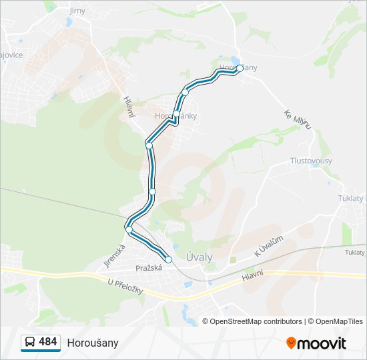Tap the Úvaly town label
[x=199, y=257]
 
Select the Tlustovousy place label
[x=311, y=161]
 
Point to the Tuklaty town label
[x=351, y=199]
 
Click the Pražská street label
[x=149, y=267]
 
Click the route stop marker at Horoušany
[x=240, y=68]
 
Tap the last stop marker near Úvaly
[x=168, y=259]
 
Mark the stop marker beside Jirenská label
[x=129, y=229]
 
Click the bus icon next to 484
[x=30, y=342]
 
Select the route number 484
[x=48, y=342]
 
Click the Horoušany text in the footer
[x=93, y=343]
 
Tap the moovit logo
[x=316, y=343]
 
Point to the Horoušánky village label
[x=175, y=116]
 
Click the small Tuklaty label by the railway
[x=354, y=253]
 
